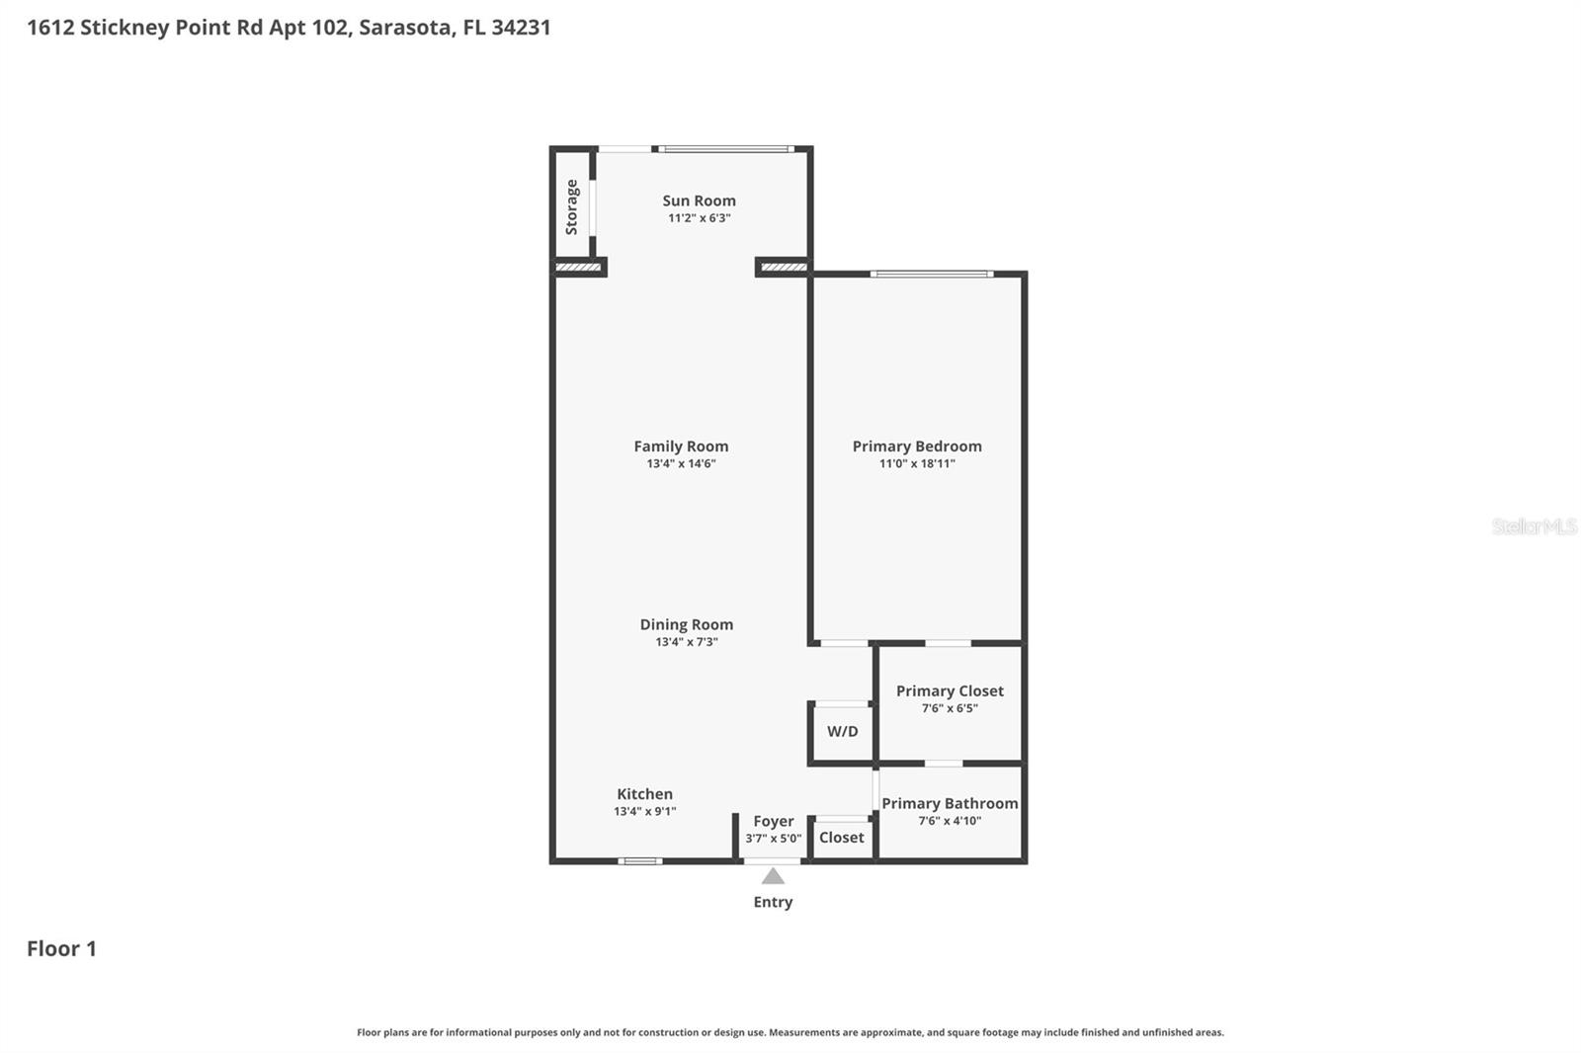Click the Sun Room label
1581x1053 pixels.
[699, 201]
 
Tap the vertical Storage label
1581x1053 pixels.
[571, 206]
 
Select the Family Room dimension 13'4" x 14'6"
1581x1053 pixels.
[681, 463]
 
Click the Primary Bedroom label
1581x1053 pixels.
[917, 446]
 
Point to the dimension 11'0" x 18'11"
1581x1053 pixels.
[917, 463]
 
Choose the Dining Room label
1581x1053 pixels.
[686, 624]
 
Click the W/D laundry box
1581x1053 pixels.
[842, 732]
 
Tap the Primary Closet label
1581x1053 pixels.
[950, 690]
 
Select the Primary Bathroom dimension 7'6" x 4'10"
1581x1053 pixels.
[950, 821]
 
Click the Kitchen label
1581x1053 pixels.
[644, 794]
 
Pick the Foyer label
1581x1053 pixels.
[773, 821]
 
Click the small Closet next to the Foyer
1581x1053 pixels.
[841, 838]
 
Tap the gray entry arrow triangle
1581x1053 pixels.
[773, 876]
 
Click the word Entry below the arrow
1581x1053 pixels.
[773, 902]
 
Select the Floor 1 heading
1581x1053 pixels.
[61, 949]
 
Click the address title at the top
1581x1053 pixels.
[289, 28]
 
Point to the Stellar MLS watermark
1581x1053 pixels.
[1534, 526]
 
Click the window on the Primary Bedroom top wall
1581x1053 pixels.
[932, 274]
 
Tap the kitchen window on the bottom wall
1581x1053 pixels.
[640, 861]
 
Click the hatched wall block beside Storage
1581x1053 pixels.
[578, 267]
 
